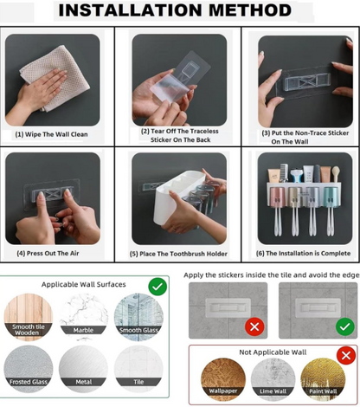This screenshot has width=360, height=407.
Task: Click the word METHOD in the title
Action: [250, 10]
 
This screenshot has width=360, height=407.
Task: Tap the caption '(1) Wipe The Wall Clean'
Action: [51, 134]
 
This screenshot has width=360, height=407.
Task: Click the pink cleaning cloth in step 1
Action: [55, 78]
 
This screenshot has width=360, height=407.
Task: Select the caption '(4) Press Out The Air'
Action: [48, 253]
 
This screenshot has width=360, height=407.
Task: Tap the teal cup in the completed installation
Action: [330, 197]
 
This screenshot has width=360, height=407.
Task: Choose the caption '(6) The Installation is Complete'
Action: [303, 253]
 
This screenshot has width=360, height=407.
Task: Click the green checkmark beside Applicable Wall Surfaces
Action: [157, 287]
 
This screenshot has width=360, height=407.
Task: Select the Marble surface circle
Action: [83, 317]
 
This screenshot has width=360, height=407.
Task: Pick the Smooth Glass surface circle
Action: [138, 317]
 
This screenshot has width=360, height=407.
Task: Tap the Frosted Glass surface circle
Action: [29, 369]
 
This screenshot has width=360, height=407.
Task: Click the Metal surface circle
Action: [83, 369]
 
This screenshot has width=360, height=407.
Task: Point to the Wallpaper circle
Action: [223, 380]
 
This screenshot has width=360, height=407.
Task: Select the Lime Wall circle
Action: [273, 380]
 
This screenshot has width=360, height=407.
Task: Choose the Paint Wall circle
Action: [323, 380]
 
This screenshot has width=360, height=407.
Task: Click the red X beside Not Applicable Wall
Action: [346, 355]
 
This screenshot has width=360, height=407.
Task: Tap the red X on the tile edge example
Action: [254, 326]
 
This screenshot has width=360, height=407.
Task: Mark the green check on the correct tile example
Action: [345, 326]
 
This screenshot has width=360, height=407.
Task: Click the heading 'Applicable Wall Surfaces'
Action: [84, 284]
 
